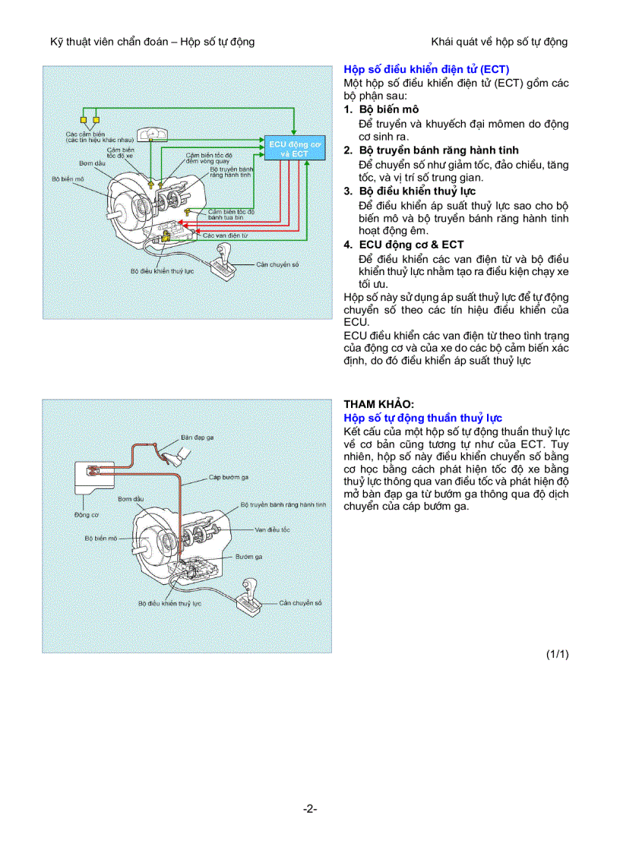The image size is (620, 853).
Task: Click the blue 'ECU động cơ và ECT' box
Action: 289,149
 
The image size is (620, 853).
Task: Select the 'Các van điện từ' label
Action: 225,235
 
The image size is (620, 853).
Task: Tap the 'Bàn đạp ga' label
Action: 197,438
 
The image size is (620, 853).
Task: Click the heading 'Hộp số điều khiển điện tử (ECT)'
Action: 426,69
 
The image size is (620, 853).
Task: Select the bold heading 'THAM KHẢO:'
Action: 379,404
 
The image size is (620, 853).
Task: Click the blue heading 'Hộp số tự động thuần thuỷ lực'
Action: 422,418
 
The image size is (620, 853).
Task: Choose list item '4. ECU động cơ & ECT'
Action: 403,245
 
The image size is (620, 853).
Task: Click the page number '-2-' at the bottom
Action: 309,809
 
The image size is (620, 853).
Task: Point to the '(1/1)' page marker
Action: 557,654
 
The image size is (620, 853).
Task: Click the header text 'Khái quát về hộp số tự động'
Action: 499,42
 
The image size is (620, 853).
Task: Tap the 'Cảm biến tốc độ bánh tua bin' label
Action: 231,214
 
